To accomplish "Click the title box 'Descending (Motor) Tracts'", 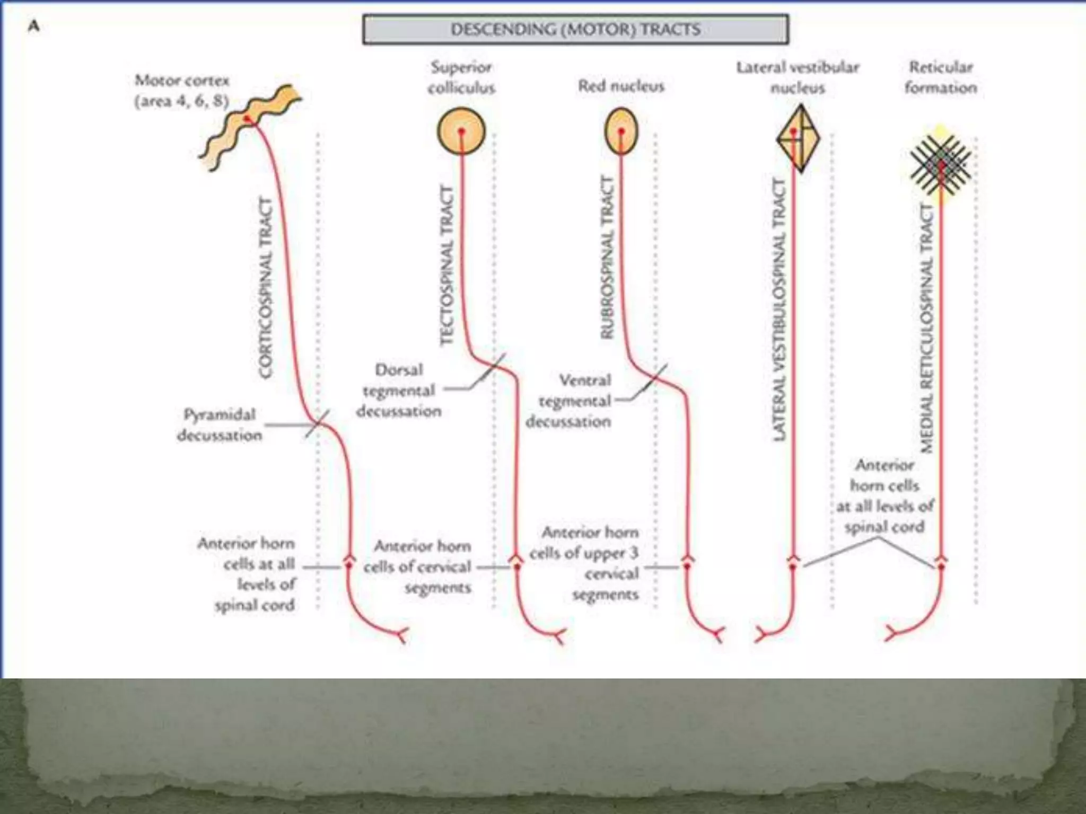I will coord(575,29).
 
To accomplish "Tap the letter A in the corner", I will coord(33,26).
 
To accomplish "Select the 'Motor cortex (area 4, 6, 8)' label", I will coord(181,91).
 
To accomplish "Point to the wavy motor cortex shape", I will coord(249,127).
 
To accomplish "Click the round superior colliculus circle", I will coord(461,131).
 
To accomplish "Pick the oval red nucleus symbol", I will coord(621,131).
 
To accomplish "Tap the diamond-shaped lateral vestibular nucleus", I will coord(798,138).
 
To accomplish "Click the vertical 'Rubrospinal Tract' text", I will coord(607,258).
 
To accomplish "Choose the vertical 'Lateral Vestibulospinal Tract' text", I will coord(779,309).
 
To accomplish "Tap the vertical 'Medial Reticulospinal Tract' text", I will coord(926,329).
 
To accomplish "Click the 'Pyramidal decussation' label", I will coord(219,424).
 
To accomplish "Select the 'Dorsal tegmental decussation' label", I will coord(399,391).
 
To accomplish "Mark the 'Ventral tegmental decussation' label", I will coord(570,401).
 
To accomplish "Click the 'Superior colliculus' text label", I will coord(461,77).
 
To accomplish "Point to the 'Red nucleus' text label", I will coord(621,86).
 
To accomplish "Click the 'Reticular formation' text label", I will coord(941,77).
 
